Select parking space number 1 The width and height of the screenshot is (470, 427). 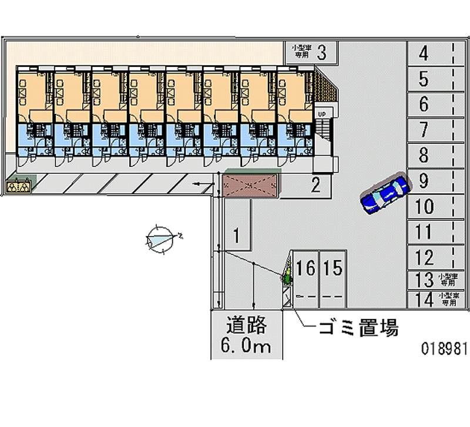(x=236, y=236)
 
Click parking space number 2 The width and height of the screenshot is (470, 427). (x=315, y=186)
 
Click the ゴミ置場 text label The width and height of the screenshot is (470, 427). (x=358, y=328)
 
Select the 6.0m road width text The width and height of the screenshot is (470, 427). (x=247, y=347)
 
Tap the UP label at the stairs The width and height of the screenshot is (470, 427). (x=321, y=113)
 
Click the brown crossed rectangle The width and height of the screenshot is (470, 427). (x=250, y=185)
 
